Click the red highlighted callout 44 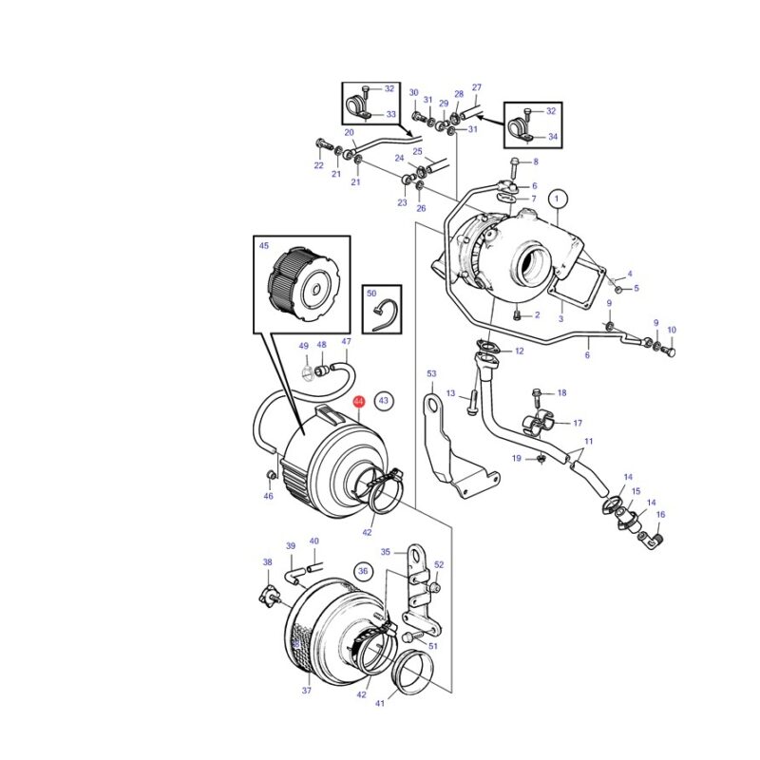(359, 401)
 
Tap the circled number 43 (384, 400)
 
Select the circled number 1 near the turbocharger (557, 199)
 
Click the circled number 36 (363, 571)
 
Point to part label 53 (431, 373)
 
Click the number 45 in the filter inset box (264, 246)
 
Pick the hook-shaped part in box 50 (386, 315)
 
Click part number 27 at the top (477, 87)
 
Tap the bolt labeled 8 (514, 167)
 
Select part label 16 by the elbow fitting (660, 514)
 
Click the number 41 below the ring (380, 703)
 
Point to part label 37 (306, 691)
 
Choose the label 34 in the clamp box (553, 137)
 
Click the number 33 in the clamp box (391, 114)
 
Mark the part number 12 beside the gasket (520, 351)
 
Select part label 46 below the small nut (269, 496)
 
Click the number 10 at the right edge (672, 330)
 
